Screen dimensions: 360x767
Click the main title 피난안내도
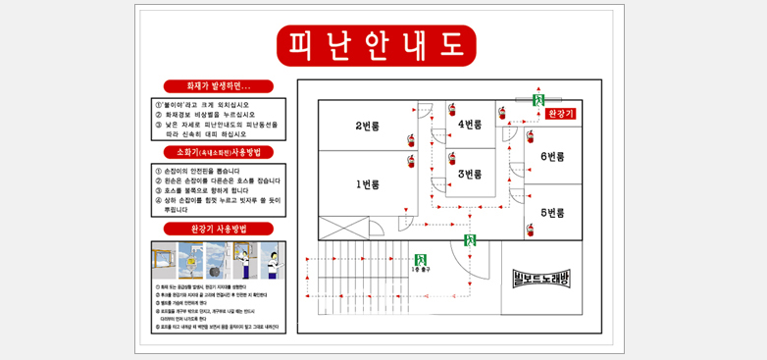click(x=376, y=44)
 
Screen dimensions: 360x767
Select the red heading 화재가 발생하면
click(x=219, y=86)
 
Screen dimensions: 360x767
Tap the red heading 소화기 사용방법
click(x=219, y=152)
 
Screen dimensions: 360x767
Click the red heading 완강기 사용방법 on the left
click(x=219, y=229)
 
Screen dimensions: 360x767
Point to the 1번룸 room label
click(x=367, y=184)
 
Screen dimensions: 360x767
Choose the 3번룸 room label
click(x=471, y=174)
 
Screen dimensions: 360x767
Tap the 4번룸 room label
click(x=470, y=124)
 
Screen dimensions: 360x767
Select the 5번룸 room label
click(x=552, y=213)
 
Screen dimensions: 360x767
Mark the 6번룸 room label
click(x=552, y=156)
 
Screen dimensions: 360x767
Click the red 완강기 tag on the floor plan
click(x=560, y=114)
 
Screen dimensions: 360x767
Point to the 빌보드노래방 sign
click(x=540, y=278)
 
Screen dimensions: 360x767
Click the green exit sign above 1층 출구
click(x=421, y=260)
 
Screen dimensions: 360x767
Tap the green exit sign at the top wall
click(x=537, y=99)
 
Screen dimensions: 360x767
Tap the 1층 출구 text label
click(x=421, y=270)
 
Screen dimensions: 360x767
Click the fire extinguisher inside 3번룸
click(x=452, y=158)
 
